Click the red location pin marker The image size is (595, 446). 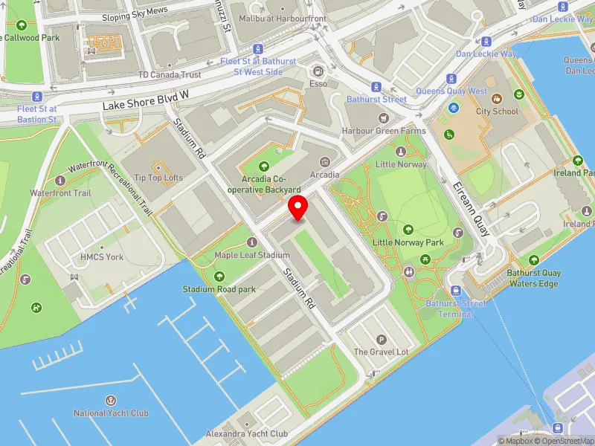click(x=298, y=208)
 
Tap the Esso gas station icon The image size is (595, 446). click(x=318, y=71)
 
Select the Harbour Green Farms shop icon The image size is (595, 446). click(x=383, y=117)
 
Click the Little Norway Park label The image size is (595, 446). click(x=408, y=242)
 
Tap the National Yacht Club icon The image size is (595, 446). click(x=111, y=401)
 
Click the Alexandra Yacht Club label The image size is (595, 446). click(x=246, y=433)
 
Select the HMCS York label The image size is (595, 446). click(x=102, y=256)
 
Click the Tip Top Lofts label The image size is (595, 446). click(x=154, y=178)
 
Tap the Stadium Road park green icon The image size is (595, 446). click(x=219, y=277)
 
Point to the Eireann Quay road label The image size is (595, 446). click(x=472, y=207)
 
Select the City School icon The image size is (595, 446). click(x=498, y=98)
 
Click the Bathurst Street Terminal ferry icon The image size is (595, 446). click(x=455, y=291)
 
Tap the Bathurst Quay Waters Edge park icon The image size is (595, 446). click(x=534, y=259)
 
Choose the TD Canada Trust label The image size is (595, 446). click(x=170, y=74)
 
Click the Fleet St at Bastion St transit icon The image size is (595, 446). click(x=36, y=96)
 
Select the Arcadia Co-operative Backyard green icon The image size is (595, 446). click(x=264, y=166)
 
